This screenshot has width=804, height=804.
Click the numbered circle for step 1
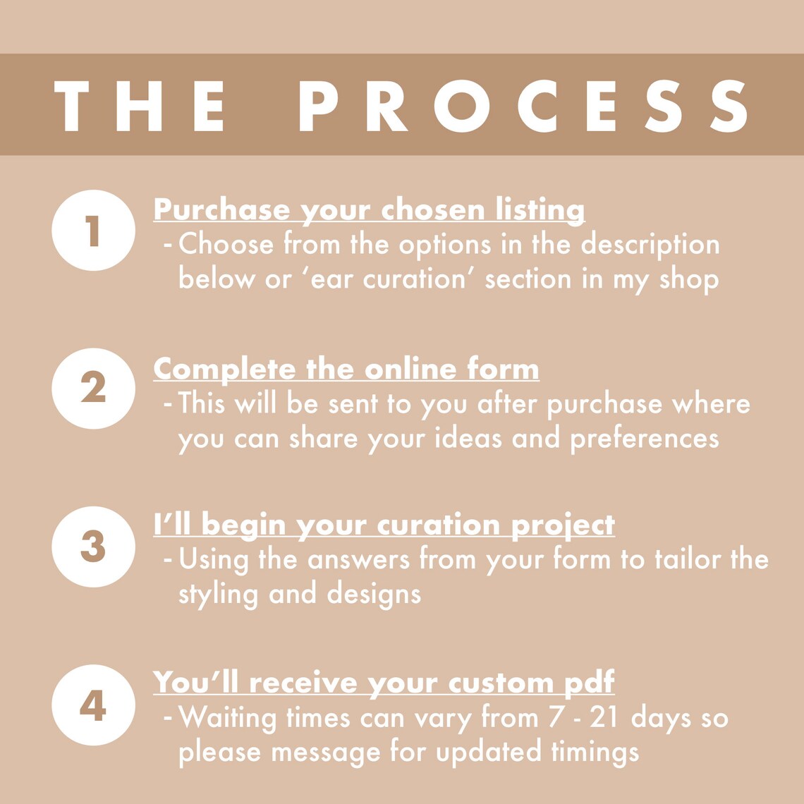pos(93,230)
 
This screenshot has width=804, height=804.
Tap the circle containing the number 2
pos(93,388)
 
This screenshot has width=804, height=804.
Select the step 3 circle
pos(93,547)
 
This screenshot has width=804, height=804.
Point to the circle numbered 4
pos(93,705)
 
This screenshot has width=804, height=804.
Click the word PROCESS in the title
pos(523,106)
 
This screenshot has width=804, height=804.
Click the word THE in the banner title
pos(139,106)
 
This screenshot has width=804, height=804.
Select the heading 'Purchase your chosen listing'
pos(369,210)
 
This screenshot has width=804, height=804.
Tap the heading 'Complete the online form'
pos(346,369)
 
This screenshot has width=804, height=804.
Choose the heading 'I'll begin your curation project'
pos(384,525)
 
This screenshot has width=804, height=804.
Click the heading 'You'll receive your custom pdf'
pos(384,683)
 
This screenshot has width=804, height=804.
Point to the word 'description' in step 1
pos(650,245)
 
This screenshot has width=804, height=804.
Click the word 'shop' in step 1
pos(689,280)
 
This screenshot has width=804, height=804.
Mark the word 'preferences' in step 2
pos(645,439)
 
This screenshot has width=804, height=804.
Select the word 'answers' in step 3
pos(358,559)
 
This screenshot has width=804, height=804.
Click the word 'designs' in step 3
pos(374,595)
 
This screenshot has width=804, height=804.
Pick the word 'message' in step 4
pos(326,754)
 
